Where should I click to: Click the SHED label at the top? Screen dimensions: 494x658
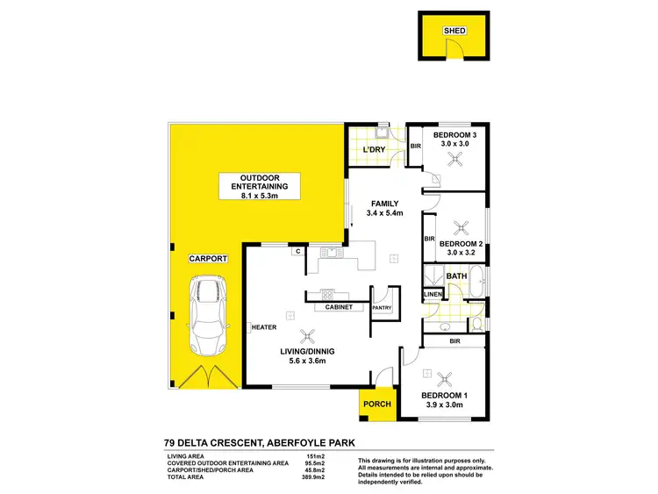point(454,31)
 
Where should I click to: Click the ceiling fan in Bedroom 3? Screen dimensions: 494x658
point(454,159)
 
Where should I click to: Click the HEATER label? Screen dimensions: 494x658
point(265,327)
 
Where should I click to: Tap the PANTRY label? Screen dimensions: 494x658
point(382,308)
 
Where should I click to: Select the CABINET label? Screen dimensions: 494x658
point(338,308)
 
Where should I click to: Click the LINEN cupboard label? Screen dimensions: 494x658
point(432,294)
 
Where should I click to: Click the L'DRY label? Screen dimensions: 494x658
point(375,151)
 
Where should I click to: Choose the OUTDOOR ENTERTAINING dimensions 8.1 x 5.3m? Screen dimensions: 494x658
point(259,196)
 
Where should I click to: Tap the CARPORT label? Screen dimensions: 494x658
point(207,259)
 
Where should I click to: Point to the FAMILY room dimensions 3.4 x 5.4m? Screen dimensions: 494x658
point(384,212)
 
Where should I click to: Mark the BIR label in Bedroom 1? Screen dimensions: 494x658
point(454,340)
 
